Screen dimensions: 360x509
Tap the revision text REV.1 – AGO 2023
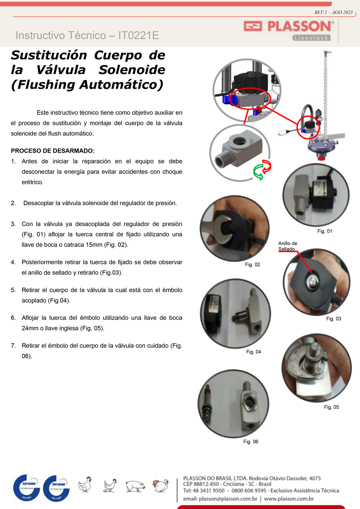333,12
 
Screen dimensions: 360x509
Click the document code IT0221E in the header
138,35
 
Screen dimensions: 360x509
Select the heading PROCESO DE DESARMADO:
53,151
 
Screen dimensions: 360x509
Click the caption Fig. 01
325,231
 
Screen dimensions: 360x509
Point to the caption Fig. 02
252,265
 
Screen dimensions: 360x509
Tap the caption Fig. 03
333,319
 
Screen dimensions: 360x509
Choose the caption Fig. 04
253,352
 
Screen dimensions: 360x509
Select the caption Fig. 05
331,407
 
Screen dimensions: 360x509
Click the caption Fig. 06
251,442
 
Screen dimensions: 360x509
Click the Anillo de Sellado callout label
288,246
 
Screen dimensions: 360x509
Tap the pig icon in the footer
135,486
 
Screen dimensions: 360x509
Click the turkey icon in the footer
160,486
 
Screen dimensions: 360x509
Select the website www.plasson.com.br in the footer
289,499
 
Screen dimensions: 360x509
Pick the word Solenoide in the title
132,70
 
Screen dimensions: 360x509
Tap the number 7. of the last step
14,346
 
